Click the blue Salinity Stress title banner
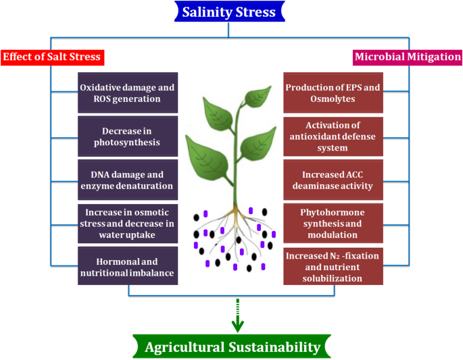pos(229,12)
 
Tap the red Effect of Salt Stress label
pos(52,57)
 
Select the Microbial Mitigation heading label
pos(408,57)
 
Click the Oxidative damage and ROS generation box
pos(128,93)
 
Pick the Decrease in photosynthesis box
pos(128,135)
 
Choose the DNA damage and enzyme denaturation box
pos(128,179)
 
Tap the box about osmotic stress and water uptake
pos(128,222)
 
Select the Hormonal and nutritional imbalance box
pos(128,265)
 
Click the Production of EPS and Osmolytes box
pos(333,93)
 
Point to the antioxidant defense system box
pos(333,136)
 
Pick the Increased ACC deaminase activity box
pos(333,179)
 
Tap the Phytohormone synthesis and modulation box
pos(333,222)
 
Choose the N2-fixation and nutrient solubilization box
pos(333,266)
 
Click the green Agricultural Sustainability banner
pos(232,347)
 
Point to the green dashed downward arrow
pos(237,317)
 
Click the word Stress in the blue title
pos(260,12)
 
